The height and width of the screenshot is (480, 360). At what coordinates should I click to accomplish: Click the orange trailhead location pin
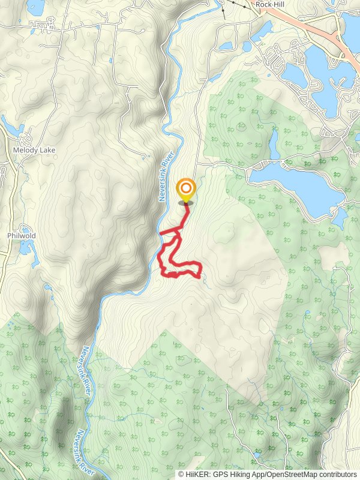pyautogui.click(x=186, y=191)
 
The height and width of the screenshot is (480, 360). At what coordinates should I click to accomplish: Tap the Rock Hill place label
pyautogui.click(x=269, y=4)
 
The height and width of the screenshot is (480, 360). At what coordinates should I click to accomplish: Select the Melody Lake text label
pyautogui.click(x=30, y=151)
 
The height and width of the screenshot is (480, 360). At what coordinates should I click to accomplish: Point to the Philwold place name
pyautogui.click(x=22, y=236)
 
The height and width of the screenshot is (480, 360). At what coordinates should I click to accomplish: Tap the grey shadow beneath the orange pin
pyautogui.click(x=186, y=203)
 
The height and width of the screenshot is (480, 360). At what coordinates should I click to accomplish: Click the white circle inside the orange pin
pyautogui.click(x=186, y=188)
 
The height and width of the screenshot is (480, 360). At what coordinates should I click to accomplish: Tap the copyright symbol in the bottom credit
pyautogui.click(x=181, y=474)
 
